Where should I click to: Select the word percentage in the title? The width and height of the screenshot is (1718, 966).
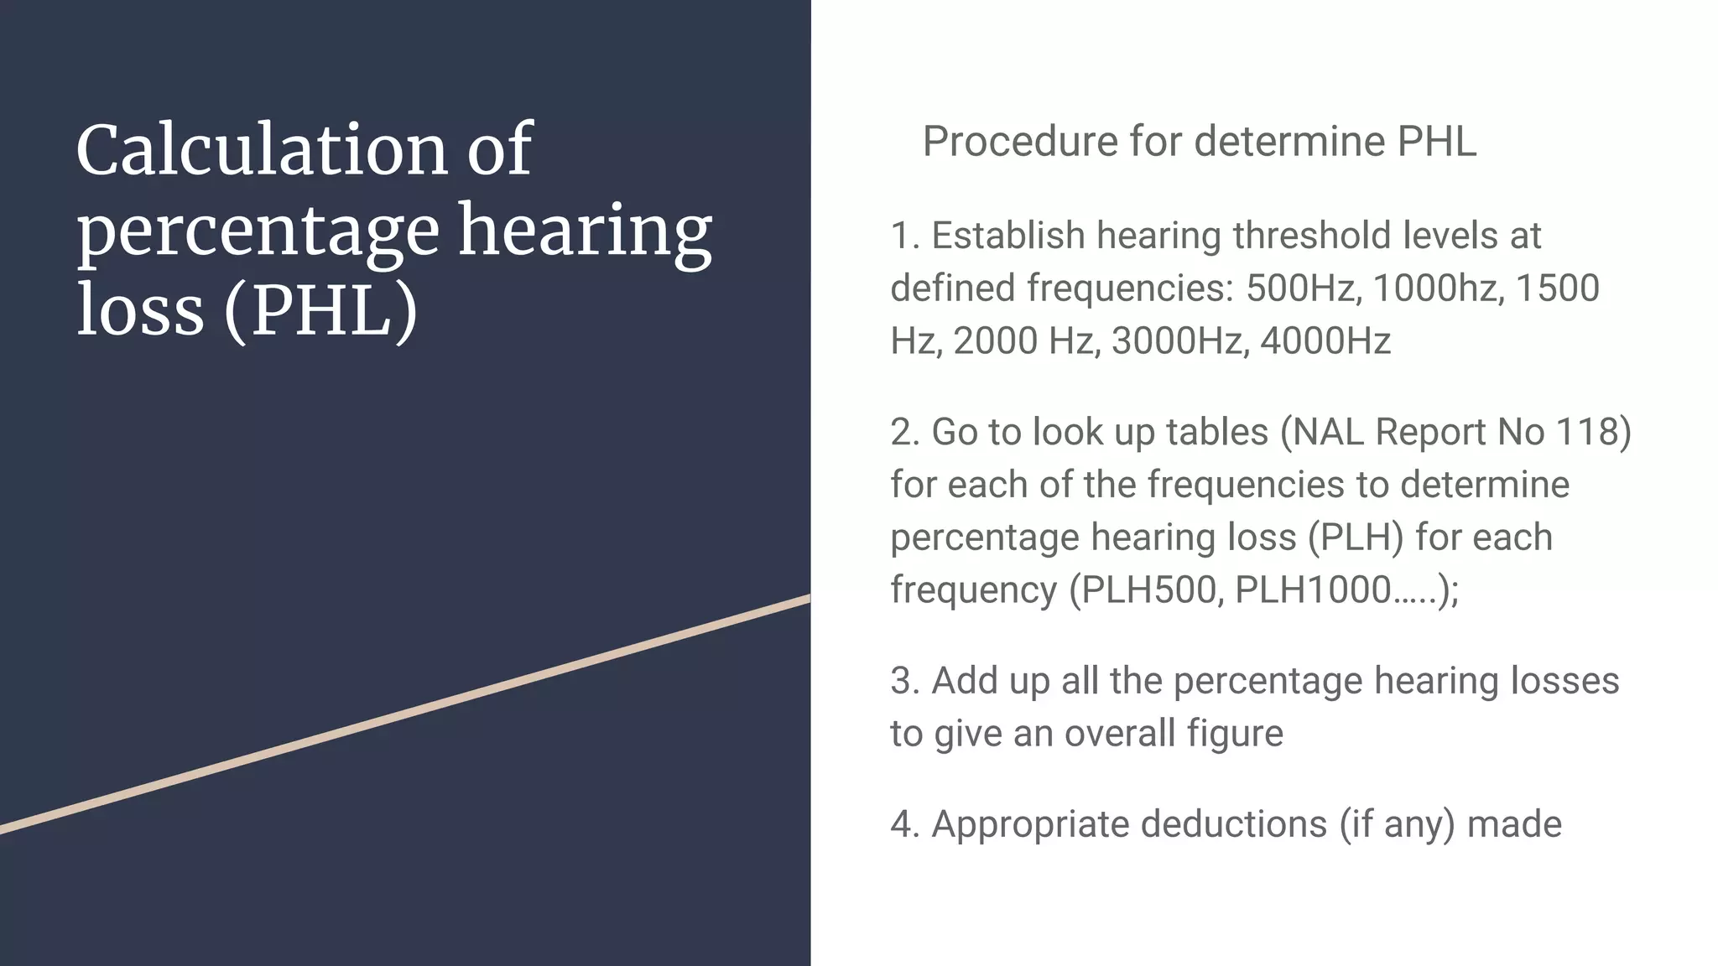tap(258, 231)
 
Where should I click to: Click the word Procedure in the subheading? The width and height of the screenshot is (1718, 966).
tap(1019, 141)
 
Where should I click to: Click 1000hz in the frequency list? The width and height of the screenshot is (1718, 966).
tap(1437, 288)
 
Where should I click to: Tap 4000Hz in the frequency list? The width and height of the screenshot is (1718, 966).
tap(1325, 341)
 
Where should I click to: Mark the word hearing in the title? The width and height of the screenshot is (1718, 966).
tap(585, 231)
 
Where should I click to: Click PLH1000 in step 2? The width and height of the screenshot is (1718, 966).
tap(1314, 589)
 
